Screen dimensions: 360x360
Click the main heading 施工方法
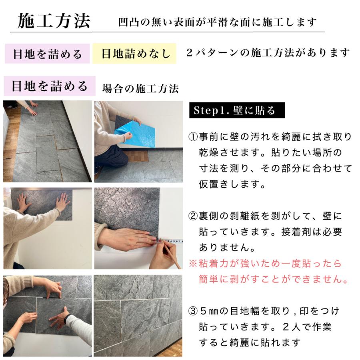coord(54,21)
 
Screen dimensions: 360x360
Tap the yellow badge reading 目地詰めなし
coord(134,54)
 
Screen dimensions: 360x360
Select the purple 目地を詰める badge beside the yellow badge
coord(47,54)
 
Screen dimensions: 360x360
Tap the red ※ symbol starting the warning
coord(193,264)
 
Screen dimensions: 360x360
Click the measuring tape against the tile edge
coord(172,241)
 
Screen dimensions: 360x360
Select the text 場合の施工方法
coord(140,88)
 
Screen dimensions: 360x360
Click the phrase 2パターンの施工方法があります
coord(268,53)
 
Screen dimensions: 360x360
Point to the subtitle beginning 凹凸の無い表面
coord(218,22)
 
